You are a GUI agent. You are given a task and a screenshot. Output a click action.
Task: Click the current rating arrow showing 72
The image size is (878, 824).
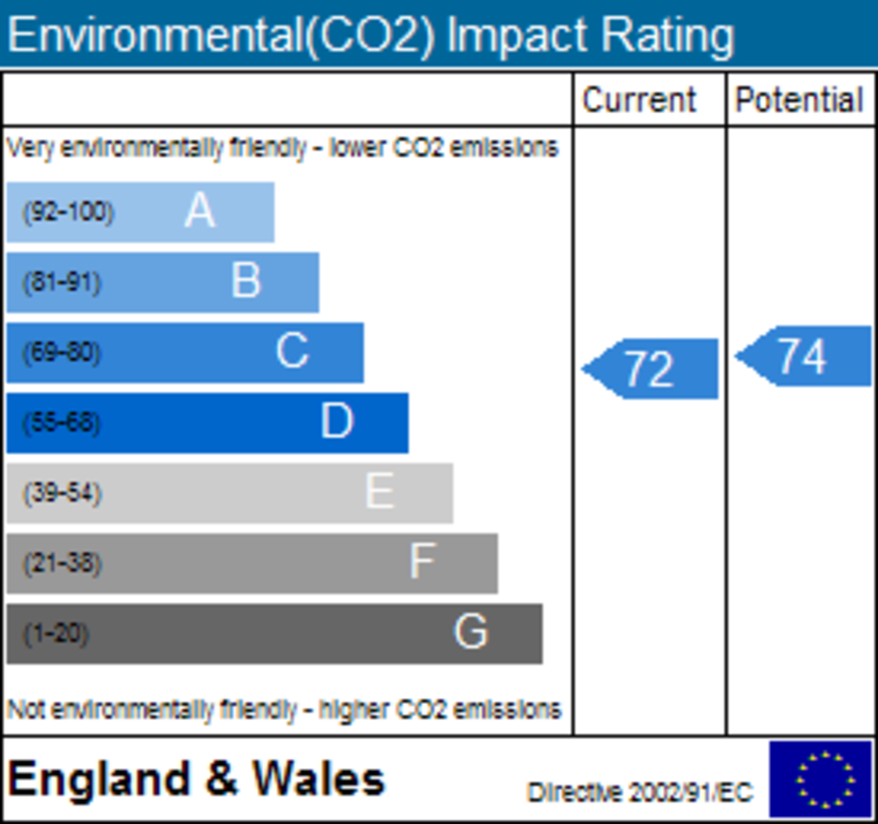(652, 369)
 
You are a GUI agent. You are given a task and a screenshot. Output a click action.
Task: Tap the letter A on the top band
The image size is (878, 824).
(199, 211)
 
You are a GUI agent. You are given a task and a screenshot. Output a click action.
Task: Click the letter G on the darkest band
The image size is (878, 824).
(471, 633)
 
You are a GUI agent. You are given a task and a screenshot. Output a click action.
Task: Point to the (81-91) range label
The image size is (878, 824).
(61, 282)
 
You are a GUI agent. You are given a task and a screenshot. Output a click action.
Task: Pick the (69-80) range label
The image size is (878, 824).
(61, 352)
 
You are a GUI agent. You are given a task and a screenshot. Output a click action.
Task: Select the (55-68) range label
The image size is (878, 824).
(61, 423)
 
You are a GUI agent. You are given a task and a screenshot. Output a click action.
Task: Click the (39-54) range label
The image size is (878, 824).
(62, 493)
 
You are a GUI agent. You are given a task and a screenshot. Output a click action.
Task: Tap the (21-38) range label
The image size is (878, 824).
(62, 563)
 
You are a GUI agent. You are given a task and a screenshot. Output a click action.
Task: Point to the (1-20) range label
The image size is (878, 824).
(56, 634)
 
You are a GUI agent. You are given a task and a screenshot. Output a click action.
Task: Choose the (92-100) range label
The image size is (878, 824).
(68, 212)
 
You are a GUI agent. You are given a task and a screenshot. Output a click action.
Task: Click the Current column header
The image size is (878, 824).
(639, 100)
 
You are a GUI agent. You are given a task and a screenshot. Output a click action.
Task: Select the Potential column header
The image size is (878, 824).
(799, 100)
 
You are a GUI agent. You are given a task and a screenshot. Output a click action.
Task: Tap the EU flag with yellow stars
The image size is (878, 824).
(821, 779)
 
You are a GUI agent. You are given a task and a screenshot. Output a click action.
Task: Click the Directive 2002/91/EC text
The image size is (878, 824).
(640, 792)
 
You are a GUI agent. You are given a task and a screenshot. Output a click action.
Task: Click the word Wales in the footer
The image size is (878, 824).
(318, 779)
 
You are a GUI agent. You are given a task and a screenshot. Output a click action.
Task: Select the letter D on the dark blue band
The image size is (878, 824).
(336, 422)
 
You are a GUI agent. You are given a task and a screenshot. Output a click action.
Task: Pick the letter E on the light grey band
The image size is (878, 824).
(380, 492)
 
